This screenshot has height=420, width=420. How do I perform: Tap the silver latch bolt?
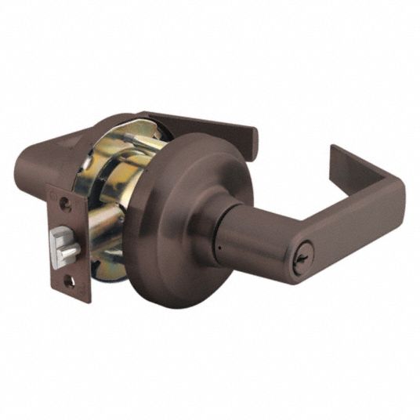[x=67, y=250]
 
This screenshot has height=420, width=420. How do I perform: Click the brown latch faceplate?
[x=69, y=235]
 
